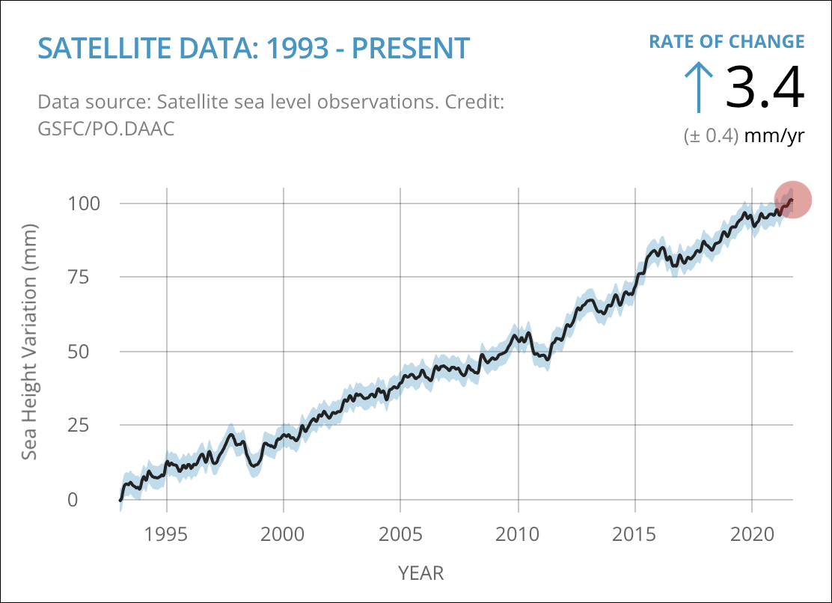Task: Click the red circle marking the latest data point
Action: [793, 200]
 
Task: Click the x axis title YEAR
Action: [420, 574]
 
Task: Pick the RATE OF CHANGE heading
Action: [727, 41]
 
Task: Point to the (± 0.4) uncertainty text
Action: [711, 136]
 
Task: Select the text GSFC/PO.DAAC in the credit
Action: [105, 128]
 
